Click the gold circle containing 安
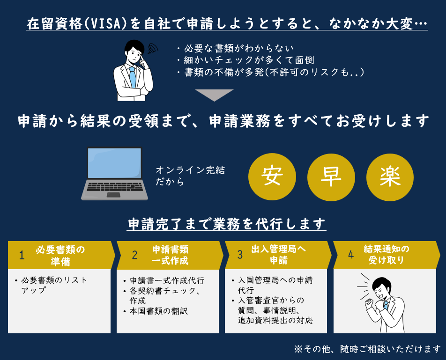pos(272,177)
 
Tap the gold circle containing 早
pos(331,177)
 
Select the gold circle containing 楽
pos(390,177)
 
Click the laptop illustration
pos(115,174)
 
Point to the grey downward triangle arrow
pos(214,95)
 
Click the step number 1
pos(22,255)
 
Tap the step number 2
pos(134,255)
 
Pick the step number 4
pos(350,255)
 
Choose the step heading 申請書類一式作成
pos(171,255)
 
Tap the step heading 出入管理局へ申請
pos(279,255)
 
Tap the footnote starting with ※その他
pos(367,349)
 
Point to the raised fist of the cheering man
pos(370,304)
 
